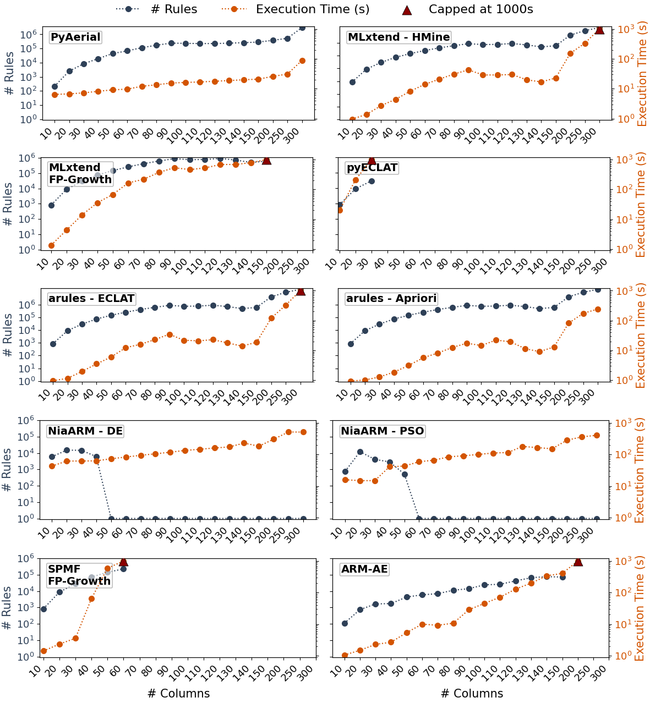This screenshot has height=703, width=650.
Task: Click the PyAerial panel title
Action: (x=75, y=37)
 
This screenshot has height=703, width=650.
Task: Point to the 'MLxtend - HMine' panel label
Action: (x=398, y=37)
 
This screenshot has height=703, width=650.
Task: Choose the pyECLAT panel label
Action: (x=372, y=168)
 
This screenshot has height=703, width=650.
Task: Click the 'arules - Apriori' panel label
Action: (x=391, y=299)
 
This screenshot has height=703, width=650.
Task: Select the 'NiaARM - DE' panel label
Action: (x=85, y=431)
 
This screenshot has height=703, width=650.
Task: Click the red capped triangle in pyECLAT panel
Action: (x=372, y=160)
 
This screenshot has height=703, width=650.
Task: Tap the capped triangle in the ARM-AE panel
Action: (x=578, y=561)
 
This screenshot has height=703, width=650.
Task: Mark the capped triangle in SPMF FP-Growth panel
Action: (x=123, y=561)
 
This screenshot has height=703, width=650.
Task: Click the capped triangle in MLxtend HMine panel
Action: (x=599, y=29)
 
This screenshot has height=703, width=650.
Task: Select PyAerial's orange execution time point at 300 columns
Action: (x=302, y=61)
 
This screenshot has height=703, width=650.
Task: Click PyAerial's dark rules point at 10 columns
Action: (x=54, y=86)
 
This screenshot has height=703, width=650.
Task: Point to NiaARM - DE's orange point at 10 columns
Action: (x=52, y=466)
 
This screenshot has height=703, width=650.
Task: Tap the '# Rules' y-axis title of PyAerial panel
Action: (x=10, y=73)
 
